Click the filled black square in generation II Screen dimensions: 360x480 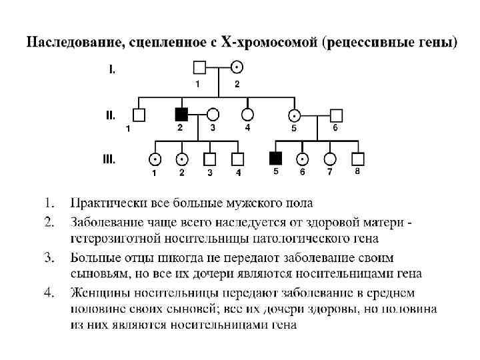point(181,113)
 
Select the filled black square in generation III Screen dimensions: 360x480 point(275,158)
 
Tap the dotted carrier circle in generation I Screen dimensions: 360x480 point(237,67)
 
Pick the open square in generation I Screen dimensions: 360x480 point(199,67)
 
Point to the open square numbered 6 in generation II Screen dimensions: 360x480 point(336,114)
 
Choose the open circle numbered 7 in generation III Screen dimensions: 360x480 point(329,159)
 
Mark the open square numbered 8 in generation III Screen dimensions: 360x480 point(357,159)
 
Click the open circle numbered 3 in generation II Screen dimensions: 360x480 point(213,114)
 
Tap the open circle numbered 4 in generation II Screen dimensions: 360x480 point(247,114)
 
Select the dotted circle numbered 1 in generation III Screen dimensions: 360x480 point(155,159)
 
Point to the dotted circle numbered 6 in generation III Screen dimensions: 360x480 point(302,159)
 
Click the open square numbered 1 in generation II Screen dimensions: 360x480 point(139,115)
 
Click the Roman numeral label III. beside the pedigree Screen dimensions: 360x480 point(109,159)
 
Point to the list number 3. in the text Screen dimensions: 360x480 point(48,257)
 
